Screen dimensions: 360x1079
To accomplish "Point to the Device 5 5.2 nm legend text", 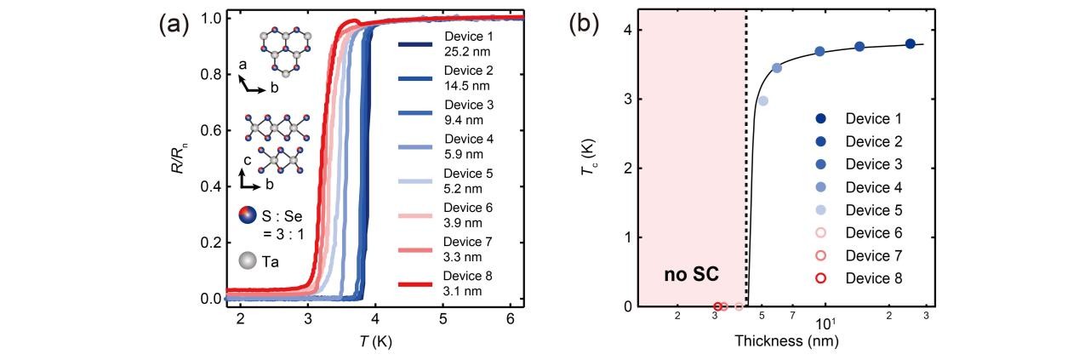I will click(x=469, y=181).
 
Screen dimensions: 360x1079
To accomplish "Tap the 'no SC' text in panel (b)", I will click(x=691, y=275).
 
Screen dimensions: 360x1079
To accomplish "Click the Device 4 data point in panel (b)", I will click(x=777, y=67).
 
